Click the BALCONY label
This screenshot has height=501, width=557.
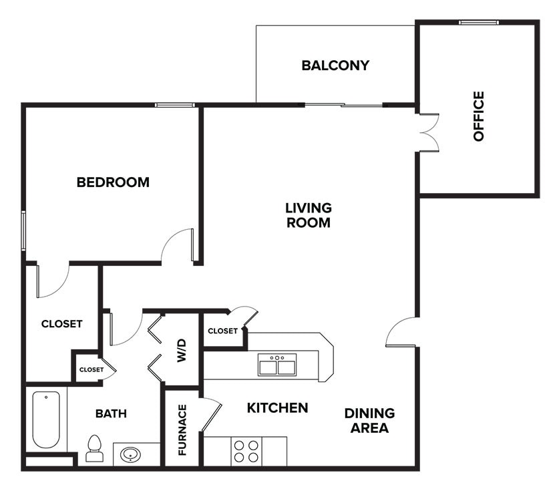coord(335,65)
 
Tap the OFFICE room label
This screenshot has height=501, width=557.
coord(478,116)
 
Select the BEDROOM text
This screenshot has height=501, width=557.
coord(113,182)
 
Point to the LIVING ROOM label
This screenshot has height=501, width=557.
coord(309,215)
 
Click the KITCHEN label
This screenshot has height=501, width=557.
coord(277,407)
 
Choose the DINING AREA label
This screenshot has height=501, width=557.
coord(369,421)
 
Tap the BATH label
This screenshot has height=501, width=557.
coord(111,413)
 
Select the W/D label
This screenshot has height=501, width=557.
coord(182,351)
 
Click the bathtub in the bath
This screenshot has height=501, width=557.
coord(46,419)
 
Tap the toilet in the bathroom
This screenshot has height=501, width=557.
coord(94,449)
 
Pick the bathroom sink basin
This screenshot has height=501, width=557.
coord(131,455)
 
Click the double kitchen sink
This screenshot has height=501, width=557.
coord(277,365)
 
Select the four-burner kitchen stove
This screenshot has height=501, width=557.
coord(246,451)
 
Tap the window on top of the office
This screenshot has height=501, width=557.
coord(478,23)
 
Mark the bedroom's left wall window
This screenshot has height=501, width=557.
coord(23,230)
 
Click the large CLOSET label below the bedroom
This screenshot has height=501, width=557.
coord(61,324)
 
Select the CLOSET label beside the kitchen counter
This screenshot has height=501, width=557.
coord(222,331)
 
